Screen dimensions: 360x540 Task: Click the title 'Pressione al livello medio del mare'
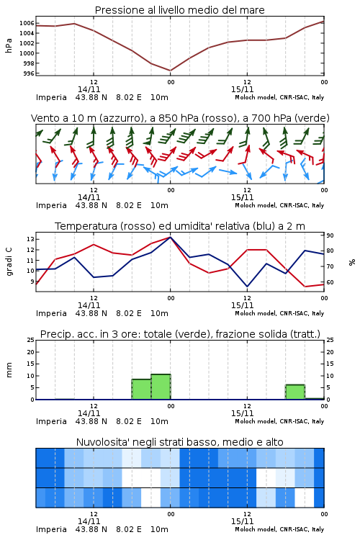179,10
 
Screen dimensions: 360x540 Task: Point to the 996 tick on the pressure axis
30,73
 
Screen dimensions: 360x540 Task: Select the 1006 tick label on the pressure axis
27,23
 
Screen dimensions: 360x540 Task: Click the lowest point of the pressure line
170,71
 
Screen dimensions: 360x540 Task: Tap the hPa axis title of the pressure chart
9,45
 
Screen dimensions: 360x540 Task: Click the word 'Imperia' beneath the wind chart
51,205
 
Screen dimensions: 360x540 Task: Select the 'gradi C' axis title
9,262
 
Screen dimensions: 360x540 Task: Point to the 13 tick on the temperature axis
30,239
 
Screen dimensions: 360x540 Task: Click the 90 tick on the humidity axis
330,235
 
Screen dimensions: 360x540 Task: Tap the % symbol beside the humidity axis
352,262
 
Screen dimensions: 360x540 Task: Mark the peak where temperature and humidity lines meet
170,237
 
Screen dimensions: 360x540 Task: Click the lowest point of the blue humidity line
247,286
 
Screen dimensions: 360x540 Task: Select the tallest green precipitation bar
161,387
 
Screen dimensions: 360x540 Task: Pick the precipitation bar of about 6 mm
295,392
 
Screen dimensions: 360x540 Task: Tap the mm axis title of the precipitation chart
9,370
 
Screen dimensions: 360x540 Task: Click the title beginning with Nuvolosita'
179,442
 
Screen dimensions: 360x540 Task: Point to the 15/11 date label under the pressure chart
242,89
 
